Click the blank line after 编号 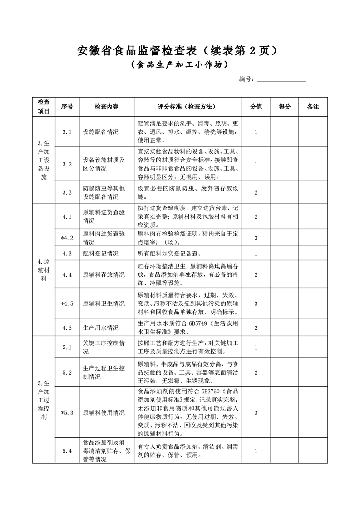(x=281, y=79)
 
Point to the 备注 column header (x=313, y=107)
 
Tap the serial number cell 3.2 (x=67, y=164)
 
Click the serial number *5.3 (x=67, y=413)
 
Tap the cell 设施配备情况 (x=100, y=132)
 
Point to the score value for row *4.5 (x=256, y=303)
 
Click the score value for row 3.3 (x=256, y=192)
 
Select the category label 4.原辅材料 (x=44, y=270)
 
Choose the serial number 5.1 (x=67, y=347)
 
